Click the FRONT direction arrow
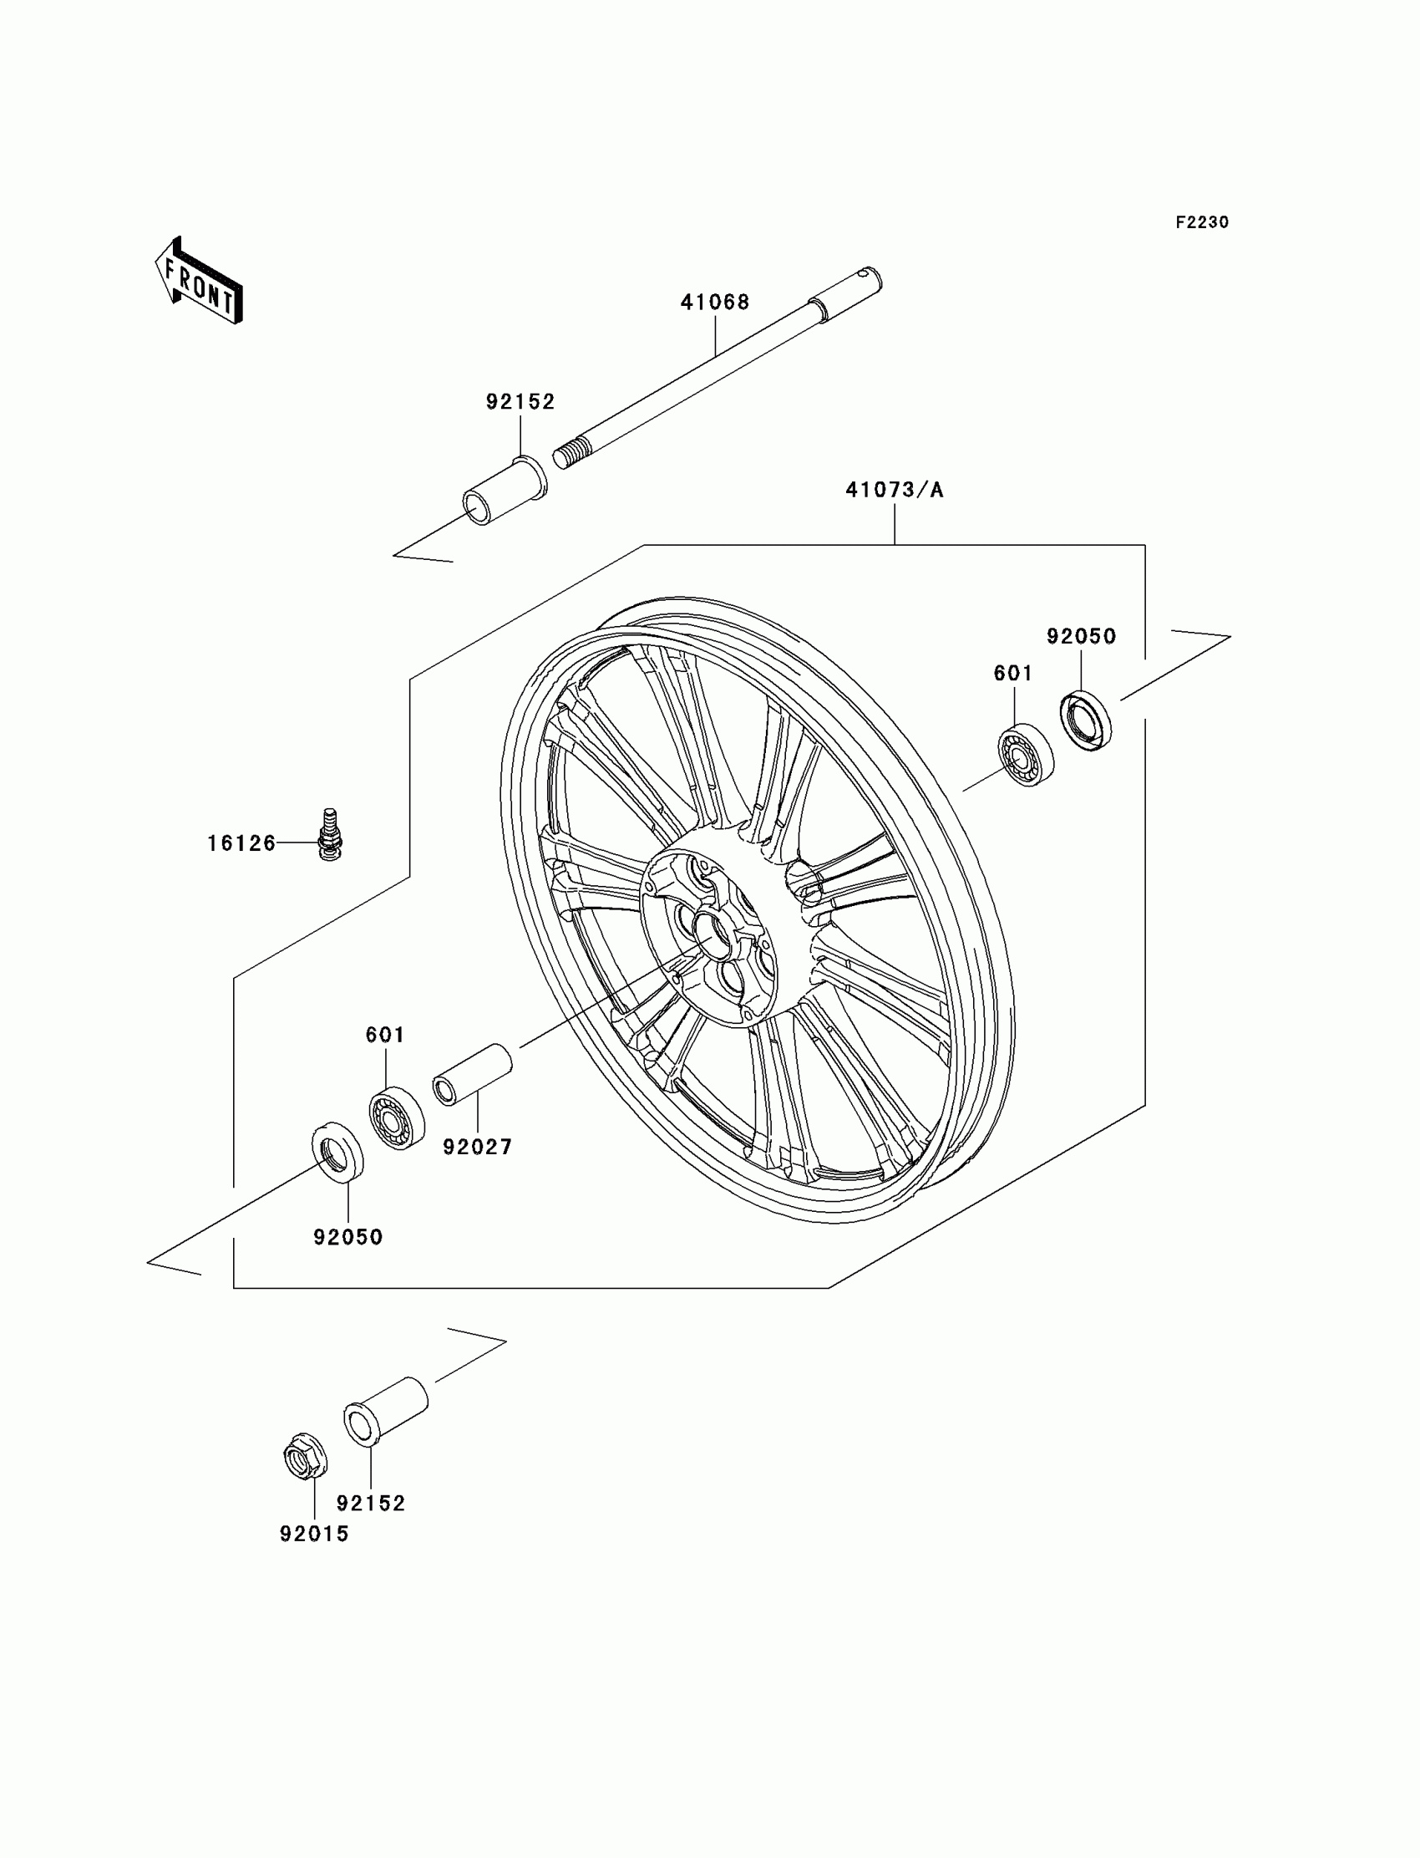[199, 282]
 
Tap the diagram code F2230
[1201, 222]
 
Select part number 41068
[715, 302]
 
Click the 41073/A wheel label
[895, 490]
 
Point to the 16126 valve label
[241, 843]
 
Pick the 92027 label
[478, 1147]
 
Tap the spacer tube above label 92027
[473, 1074]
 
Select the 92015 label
[314, 1533]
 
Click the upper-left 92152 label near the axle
[520, 402]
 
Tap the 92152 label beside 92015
[371, 1503]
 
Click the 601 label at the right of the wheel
[1012, 673]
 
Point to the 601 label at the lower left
[384, 1034]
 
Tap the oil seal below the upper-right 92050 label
[1086, 720]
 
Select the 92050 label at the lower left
[348, 1237]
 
